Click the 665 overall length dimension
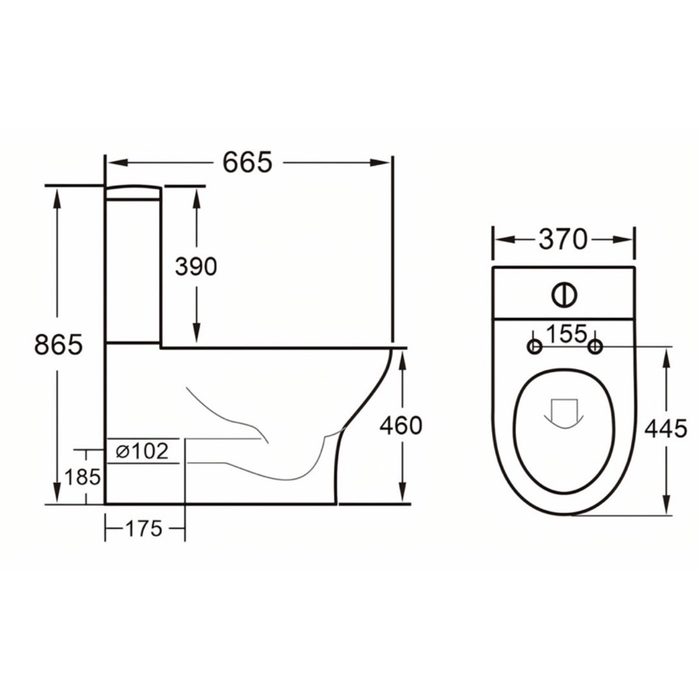[x=248, y=163]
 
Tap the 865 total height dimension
[x=58, y=345]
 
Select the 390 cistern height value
[x=196, y=267]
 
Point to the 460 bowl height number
[x=401, y=426]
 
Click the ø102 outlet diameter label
[x=142, y=451]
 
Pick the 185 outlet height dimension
[x=82, y=477]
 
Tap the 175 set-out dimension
[x=143, y=529]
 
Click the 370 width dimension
[x=563, y=239]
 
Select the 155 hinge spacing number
[x=565, y=334]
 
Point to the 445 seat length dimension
[x=666, y=429]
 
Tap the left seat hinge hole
[x=534, y=347]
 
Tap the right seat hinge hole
[x=595, y=347]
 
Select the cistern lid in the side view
[x=133, y=192]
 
